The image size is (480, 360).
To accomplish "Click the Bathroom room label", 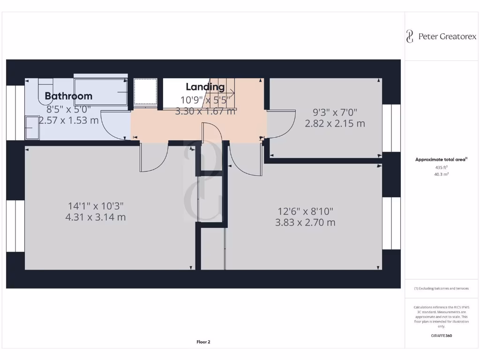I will pyautogui.click(x=68, y=96).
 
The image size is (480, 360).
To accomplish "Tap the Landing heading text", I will pyautogui.click(x=205, y=87).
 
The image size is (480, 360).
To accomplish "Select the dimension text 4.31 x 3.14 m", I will pyautogui.click(x=97, y=217).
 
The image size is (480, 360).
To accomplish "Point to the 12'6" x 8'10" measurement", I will pyautogui.click(x=305, y=211).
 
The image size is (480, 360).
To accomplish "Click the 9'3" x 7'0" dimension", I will pyautogui.click(x=335, y=112).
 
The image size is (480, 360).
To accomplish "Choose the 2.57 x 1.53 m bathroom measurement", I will pyautogui.click(x=68, y=120).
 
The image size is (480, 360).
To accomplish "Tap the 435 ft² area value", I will pyautogui.click(x=441, y=167).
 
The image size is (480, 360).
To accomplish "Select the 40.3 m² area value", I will pyautogui.click(x=441, y=174).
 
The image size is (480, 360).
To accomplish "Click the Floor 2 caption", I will pyautogui.click(x=203, y=342).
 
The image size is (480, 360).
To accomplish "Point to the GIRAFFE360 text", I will pyautogui.click(x=441, y=336).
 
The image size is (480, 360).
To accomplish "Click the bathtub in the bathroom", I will pyautogui.click(x=101, y=91).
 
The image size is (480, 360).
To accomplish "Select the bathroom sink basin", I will pyautogui.click(x=32, y=128).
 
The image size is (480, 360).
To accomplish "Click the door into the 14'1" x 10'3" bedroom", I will pyautogui.click(x=154, y=157).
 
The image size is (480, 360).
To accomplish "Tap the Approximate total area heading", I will pyautogui.click(x=441, y=160).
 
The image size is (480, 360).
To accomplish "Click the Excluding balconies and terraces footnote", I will pyautogui.click(x=441, y=289).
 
